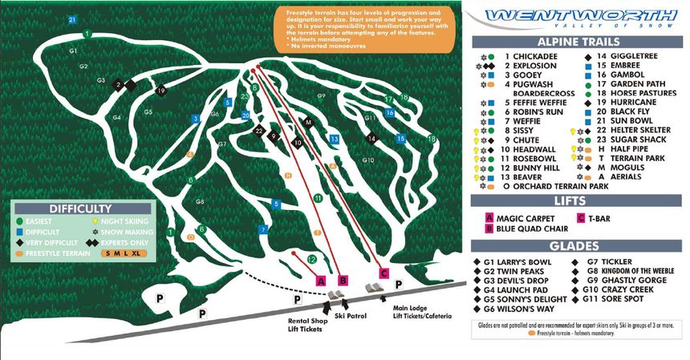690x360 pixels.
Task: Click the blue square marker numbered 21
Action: (72, 19)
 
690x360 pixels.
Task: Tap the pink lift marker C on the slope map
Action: (384, 273)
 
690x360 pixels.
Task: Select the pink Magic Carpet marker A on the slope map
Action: (321, 281)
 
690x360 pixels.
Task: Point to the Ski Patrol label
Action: (351, 316)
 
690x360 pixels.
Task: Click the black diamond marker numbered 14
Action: (371, 139)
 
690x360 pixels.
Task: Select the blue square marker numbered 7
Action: (262, 230)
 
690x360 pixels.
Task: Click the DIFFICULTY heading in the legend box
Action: (79, 207)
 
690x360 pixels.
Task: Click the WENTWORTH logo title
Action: (580, 15)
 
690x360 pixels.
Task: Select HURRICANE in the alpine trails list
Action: (615, 103)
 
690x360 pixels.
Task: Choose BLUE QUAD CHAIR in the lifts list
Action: (527, 228)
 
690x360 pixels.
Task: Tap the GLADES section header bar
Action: (575, 245)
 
